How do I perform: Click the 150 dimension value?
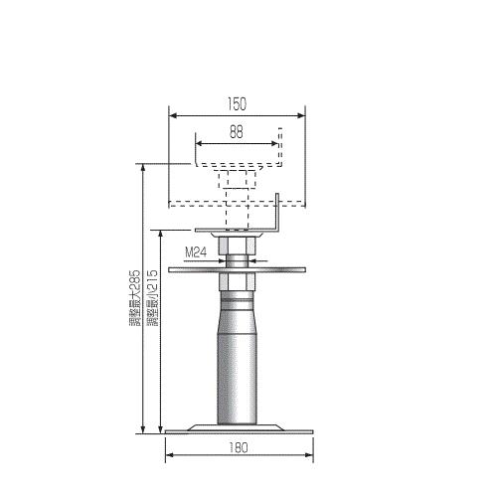[x=237, y=103]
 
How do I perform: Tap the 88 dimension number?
[x=237, y=132]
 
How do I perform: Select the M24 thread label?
[x=196, y=252]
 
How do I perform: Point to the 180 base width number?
[x=239, y=448]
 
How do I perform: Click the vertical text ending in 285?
[x=135, y=298]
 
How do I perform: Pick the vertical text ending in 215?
[x=152, y=298]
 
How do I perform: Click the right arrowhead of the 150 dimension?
[x=301, y=115]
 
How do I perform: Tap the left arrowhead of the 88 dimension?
[x=199, y=143]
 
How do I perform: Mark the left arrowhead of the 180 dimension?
[x=169, y=455]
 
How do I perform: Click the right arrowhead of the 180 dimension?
[x=309, y=455]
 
